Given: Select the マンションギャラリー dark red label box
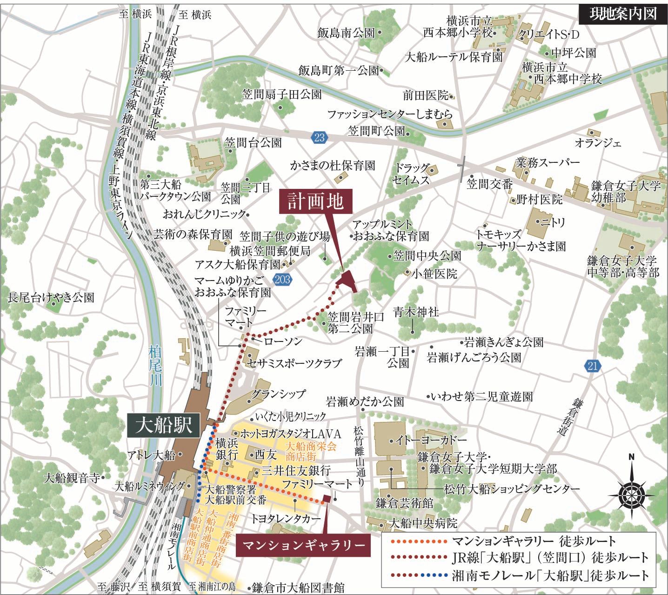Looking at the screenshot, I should click(303, 544).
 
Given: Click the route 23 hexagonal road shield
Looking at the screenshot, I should click(319, 137).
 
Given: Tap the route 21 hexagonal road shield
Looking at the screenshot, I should click(592, 366).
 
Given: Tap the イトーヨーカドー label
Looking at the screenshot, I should click(432, 440).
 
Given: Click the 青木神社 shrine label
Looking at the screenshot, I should click(416, 312).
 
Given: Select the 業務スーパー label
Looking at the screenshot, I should click(548, 163).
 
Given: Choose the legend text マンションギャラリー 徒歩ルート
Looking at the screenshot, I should click(534, 541).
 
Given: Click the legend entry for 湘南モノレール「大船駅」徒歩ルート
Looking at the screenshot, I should click(550, 575).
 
